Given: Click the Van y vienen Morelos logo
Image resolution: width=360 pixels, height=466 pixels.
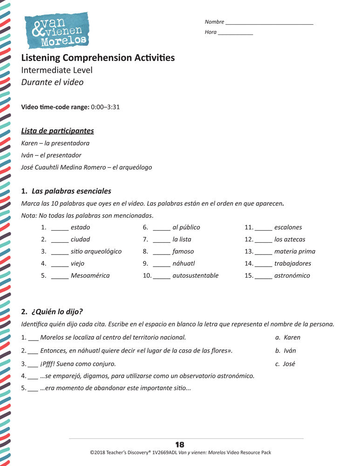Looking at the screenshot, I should click(x=56, y=30).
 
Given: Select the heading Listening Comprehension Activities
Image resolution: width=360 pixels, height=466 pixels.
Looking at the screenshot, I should click(x=98, y=58).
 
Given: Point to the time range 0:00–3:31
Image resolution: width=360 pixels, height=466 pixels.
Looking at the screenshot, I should click(x=105, y=107).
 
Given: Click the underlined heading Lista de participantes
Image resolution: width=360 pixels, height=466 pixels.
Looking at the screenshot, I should click(x=58, y=131).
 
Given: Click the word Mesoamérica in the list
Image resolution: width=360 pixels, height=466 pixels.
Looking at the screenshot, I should click(x=90, y=275).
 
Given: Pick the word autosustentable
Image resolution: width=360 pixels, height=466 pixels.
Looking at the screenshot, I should click(x=195, y=275).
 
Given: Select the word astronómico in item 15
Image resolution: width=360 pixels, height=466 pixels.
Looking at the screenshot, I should click(x=292, y=275).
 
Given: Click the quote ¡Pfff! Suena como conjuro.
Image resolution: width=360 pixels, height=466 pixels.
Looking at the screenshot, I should click(x=78, y=363).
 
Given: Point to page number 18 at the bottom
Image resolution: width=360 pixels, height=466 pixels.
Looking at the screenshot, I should click(x=180, y=445).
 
